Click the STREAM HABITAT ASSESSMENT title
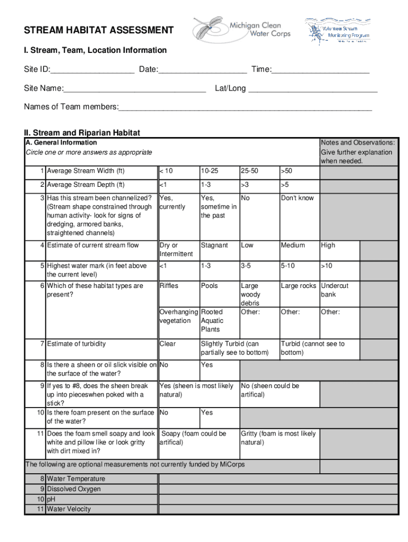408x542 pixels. coord(99,30)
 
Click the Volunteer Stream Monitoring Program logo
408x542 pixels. coord(337,31)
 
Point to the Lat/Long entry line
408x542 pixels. coord(313,89)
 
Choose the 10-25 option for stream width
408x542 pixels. coord(209,171)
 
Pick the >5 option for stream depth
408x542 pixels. coord(286,185)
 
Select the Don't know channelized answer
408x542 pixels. coord(297,198)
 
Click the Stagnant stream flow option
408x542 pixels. coord(215,246)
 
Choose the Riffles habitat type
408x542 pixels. coord(169,286)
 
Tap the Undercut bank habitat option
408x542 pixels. coord(335,290)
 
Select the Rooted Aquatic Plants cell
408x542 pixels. coord(212,321)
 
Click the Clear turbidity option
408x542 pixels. coord(167,344)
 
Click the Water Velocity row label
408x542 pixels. coord(69,509)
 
